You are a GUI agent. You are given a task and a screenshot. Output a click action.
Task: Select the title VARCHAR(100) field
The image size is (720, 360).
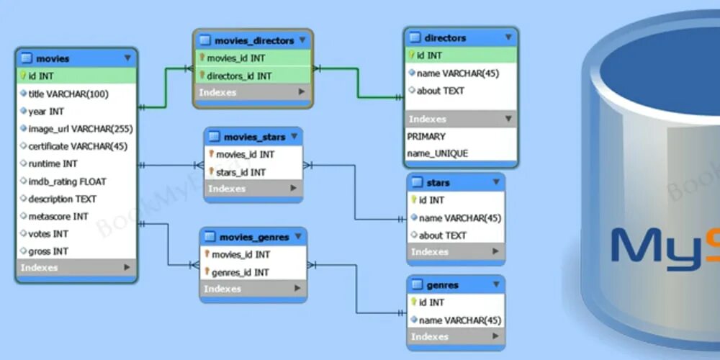pos(68,94)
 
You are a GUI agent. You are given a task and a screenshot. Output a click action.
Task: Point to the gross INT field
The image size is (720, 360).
pos(48,251)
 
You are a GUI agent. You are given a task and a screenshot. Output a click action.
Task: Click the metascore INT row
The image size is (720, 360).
pos(58,216)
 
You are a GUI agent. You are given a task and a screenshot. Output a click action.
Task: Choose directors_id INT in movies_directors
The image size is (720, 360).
pos(239,76)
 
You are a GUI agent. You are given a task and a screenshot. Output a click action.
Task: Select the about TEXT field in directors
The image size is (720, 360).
pos(440,91)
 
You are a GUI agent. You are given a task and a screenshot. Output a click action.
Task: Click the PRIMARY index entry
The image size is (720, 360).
pos(426,136)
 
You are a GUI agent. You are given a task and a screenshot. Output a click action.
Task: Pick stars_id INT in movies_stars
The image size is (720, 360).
pos(240,172)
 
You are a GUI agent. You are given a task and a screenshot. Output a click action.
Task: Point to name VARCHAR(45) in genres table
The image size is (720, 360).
pos(459,320)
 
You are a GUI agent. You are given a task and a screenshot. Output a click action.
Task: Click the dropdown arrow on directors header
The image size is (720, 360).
pos(508,38)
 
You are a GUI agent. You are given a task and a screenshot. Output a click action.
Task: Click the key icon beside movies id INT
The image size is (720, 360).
pos(23,76)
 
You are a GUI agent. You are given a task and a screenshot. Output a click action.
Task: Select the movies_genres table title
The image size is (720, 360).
pos(254,237)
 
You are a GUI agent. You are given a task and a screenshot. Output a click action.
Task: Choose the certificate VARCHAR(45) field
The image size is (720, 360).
pos(78,146)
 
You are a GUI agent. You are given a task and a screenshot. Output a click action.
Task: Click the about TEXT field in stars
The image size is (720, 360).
pos(442,235)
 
